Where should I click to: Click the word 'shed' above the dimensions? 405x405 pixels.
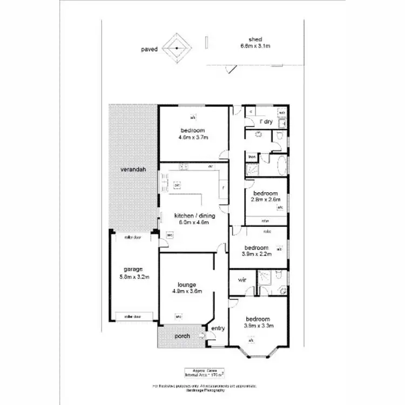click(x=255, y=39)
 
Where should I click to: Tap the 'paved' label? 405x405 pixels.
click(x=150, y=49)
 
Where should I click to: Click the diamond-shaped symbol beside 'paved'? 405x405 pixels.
click(x=177, y=49)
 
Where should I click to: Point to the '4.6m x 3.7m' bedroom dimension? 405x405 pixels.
click(x=193, y=138)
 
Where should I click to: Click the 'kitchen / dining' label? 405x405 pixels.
click(x=191, y=215)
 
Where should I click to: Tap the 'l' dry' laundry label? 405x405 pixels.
click(x=265, y=122)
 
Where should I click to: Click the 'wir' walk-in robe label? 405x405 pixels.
click(x=242, y=280)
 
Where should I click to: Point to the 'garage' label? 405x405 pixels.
click(x=132, y=269)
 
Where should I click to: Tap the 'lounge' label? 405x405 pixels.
click(x=186, y=285)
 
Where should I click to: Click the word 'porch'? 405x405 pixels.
click(x=183, y=336)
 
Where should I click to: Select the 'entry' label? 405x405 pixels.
click(x=218, y=329)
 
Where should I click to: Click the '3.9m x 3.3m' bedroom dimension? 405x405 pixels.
click(x=258, y=326)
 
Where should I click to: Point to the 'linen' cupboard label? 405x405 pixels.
click(x=252, y=157)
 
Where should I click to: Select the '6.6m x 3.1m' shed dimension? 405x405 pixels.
click(x=255, y=46)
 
